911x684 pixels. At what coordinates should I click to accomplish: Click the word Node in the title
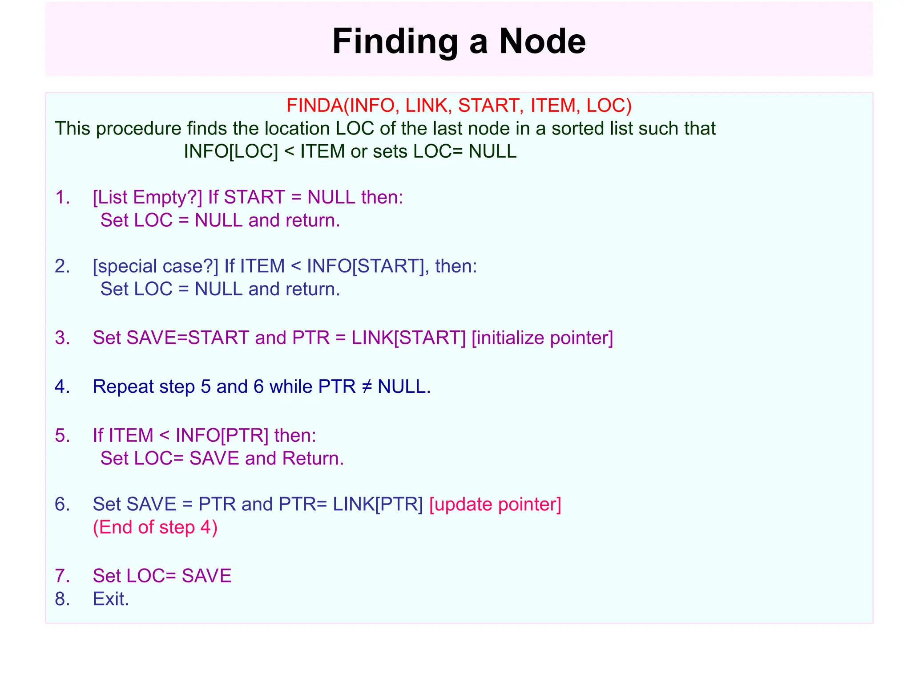point(542,41)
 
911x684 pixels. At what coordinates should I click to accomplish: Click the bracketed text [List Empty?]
point(147,197)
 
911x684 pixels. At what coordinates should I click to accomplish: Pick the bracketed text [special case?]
point(155,266)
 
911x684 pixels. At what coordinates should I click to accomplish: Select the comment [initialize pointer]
point(542,338)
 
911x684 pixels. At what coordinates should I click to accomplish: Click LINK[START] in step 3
point(408,338)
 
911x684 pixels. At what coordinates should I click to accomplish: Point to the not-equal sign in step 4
point(367,387)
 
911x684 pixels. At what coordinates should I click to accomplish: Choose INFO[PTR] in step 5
point(222,436)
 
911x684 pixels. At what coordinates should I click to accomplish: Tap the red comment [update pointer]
point(495,505)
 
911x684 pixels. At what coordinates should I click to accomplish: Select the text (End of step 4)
point(155,527)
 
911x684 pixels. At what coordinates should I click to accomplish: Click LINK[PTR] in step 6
point(378,505)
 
